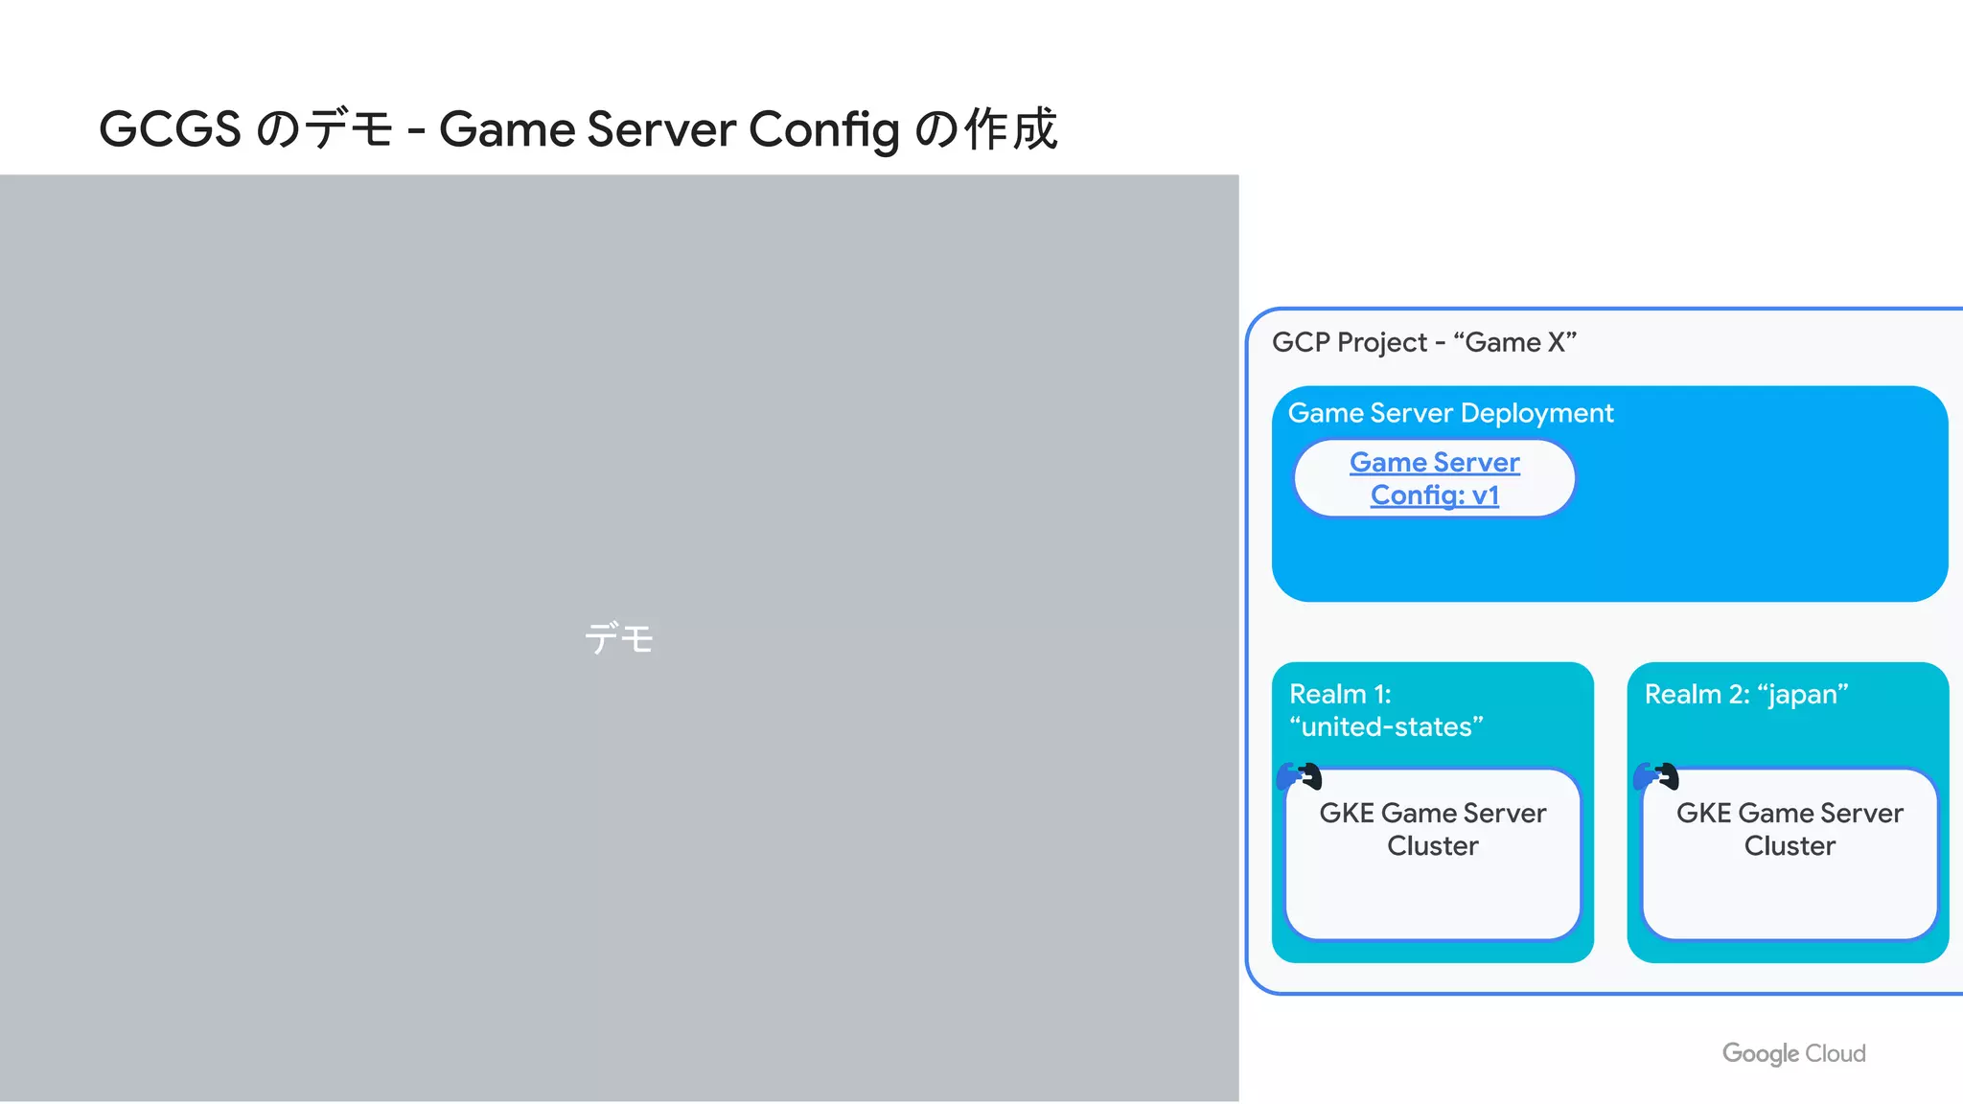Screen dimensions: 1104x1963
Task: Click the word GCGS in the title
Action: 170,129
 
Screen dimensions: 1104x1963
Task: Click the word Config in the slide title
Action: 823,129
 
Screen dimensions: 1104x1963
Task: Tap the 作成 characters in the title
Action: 1010,129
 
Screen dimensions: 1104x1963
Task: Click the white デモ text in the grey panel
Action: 619,638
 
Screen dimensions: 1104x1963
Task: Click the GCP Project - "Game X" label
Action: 1423,342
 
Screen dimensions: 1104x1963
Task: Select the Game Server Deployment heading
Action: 1449,413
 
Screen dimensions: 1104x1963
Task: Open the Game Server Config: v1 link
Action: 1434,478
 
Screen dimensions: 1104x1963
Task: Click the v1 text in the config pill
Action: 1485,495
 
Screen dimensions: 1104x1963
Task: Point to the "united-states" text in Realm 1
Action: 1386,726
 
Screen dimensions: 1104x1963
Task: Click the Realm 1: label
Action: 1340,694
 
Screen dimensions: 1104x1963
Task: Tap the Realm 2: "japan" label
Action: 1745,694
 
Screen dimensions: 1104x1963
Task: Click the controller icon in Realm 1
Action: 1300,775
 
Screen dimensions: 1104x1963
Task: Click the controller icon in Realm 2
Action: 1656,775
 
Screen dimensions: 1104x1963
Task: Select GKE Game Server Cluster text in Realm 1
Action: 1432,829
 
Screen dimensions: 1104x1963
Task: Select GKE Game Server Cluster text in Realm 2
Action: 1789,829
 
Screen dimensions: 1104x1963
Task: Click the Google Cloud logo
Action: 1793,1053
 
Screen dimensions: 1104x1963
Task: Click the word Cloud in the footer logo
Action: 1835,1053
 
